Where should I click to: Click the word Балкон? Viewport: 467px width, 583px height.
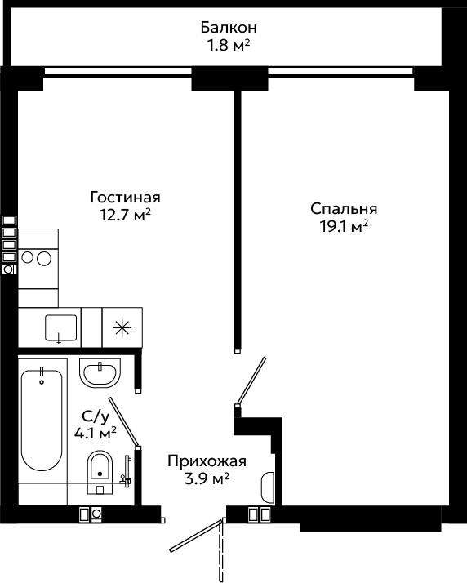tap(229, 28)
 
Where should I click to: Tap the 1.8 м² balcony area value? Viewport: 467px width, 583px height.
tap(229, 46)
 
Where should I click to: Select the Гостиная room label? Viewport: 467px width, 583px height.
tap(125, 197)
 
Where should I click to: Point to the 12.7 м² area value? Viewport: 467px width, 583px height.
tap(125, 215)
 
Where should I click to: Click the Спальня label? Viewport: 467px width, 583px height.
tap(344, 209)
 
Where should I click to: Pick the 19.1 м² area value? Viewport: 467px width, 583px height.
tap(344, 226)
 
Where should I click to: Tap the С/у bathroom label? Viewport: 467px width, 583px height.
tap(96, 416)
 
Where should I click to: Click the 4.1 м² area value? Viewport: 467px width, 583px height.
tap(96, 433)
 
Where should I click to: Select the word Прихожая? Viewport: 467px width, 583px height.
tap(207, 461)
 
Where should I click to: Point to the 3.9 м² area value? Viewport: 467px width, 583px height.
tap(207, 478)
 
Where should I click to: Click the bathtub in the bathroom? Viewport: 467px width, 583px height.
tap(42, 421)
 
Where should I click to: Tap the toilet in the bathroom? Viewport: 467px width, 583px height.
tap(100, 472)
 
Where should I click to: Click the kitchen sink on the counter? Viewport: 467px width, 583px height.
tap(61, 328)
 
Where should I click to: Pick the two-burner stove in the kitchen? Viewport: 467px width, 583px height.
tap(38, 258)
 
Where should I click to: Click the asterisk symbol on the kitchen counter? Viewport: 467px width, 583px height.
tap(122, 327)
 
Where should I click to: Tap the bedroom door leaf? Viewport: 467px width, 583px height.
tap(251, 381)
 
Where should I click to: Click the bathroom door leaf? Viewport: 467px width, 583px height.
tap(124, 421)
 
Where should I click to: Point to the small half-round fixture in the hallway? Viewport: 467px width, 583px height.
tap(268, 487)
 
